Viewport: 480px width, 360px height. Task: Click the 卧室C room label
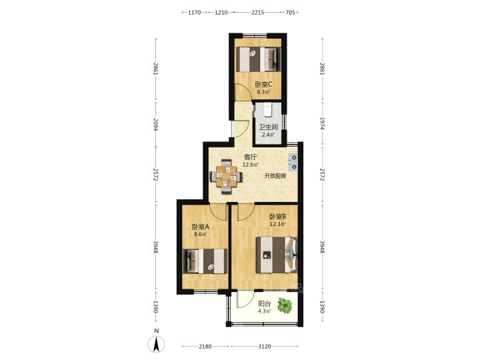coord(263,84)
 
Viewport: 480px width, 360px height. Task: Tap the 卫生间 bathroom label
coord(268,127)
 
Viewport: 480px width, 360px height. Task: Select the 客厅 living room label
coord(251,157)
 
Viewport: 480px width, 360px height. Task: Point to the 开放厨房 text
coord(275,176)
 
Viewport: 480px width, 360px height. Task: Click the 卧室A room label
coord(200,227)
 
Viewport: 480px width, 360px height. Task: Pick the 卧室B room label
coord(277,217)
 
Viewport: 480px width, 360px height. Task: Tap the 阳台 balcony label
coord(265,304)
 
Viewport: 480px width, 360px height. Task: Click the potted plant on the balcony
coord(285,305)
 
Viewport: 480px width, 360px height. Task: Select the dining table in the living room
coord(226,176)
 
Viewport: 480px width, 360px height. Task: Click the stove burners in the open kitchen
coord(293,162)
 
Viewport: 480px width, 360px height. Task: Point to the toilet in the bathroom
coord(268,110)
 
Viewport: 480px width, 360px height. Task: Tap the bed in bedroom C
coord(258,59)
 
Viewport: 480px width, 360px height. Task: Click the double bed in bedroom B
coord(277,255)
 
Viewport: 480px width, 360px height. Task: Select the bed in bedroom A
coord(205,261)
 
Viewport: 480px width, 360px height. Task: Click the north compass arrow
coord(156,343)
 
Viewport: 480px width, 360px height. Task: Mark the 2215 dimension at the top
coord(258,13)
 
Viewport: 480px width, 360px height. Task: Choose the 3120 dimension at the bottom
coord(265,346)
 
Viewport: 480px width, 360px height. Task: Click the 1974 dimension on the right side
coord(322,123)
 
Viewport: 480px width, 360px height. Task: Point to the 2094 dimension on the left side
coord(156,125)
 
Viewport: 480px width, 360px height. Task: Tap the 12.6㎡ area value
coord(251,165)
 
